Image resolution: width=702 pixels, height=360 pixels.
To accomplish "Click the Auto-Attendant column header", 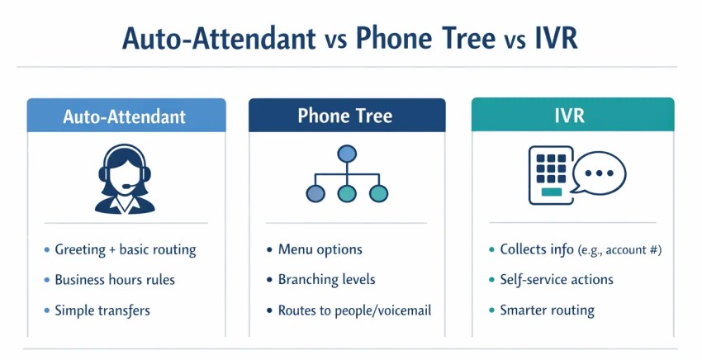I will (126, 116).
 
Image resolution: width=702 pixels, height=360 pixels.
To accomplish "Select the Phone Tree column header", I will (346, 116).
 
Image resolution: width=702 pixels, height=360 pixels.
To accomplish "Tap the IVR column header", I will (572, 115).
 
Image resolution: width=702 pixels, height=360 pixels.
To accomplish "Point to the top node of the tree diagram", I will (347, 154).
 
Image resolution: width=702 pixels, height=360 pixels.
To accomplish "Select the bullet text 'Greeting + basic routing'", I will (125, 249).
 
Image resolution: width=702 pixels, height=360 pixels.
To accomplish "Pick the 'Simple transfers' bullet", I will (102, 310).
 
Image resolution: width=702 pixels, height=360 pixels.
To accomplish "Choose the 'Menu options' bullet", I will (320, 249).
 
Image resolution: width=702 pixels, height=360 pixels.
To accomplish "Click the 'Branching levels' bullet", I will (326, 280).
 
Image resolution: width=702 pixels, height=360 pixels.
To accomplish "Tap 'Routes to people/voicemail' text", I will (354, 310).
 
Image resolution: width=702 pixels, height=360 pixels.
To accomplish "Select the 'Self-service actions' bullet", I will (556, 280).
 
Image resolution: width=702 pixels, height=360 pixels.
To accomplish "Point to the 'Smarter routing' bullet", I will (547, 310).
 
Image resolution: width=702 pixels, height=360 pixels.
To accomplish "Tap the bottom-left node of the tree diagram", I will (315, 194).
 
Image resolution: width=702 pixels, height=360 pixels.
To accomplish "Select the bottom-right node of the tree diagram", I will (378, 194).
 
